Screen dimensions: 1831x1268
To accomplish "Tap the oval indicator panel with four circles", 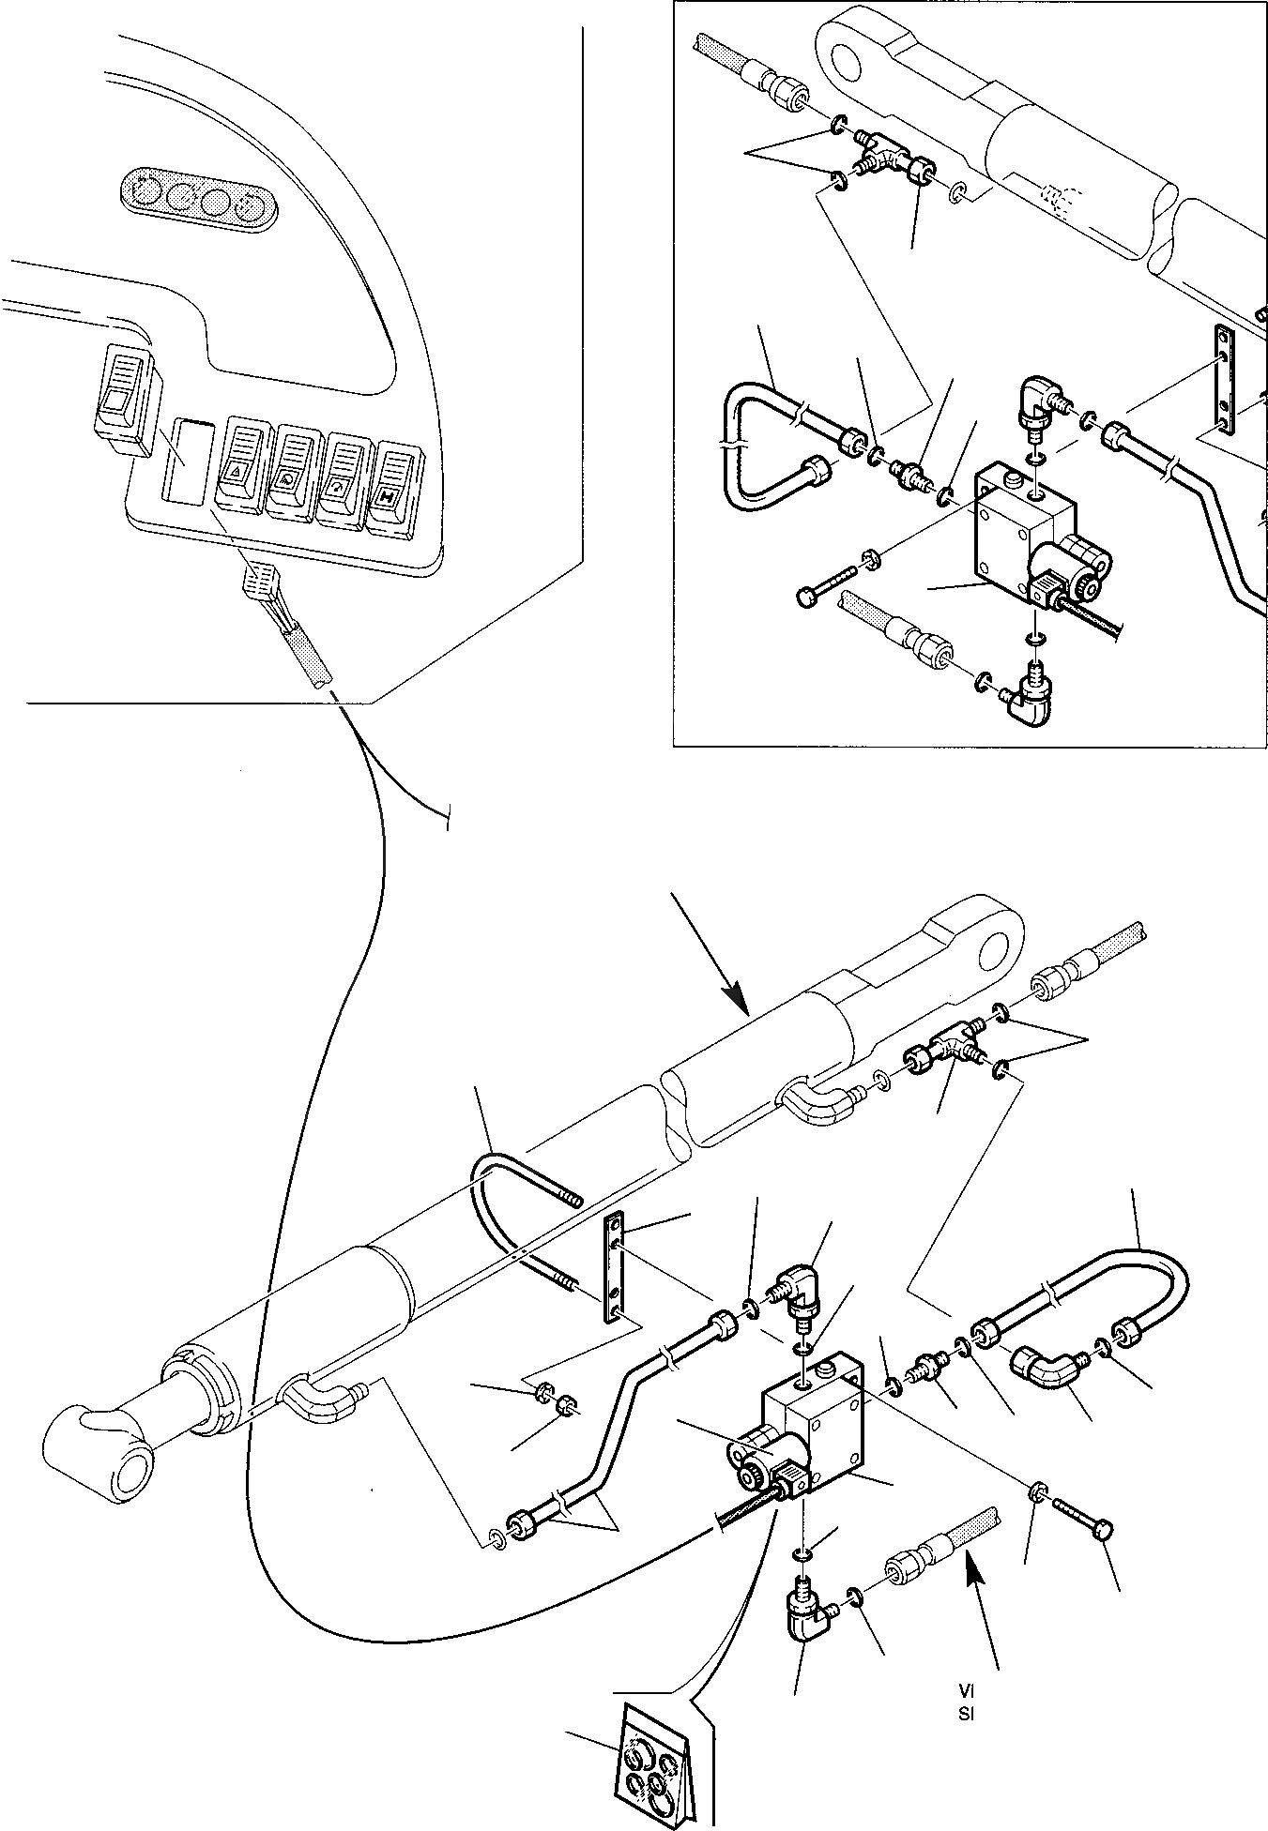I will coord(200,200).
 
